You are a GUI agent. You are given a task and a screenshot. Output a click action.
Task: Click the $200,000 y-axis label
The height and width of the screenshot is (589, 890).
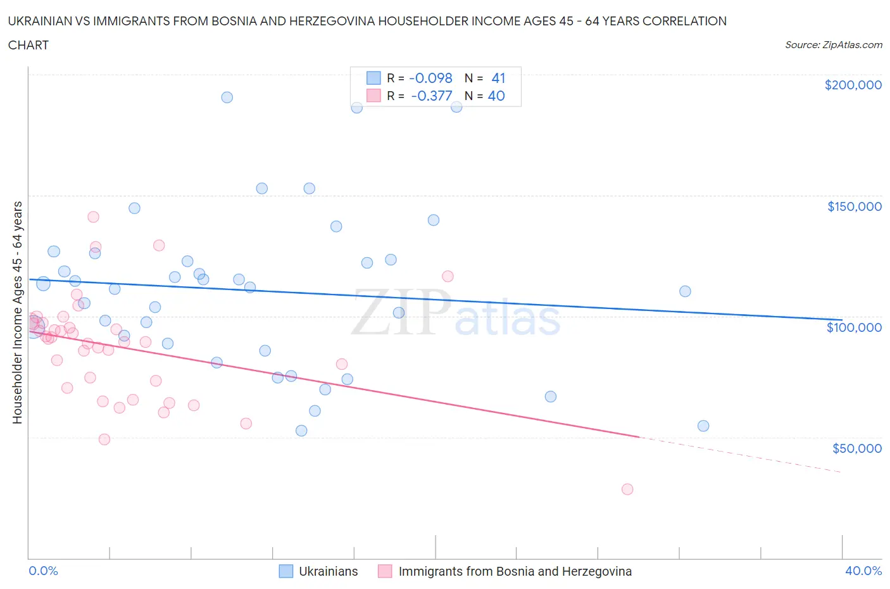(853, 85)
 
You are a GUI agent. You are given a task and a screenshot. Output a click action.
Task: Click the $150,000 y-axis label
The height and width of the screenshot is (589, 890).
(854, 206)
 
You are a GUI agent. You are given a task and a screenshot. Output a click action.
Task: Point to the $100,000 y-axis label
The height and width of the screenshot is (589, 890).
(854, 327)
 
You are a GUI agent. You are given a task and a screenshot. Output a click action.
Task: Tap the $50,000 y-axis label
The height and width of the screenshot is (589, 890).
(856, 448)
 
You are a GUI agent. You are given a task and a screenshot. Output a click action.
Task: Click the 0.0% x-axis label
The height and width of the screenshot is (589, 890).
(43, 571)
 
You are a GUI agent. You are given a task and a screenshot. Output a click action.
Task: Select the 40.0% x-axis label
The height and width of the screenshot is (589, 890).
(863, 571)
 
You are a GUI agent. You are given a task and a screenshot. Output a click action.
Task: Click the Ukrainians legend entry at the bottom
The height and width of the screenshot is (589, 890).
(328, 571)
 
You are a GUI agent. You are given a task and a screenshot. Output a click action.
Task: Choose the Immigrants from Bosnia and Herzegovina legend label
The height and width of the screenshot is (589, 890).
(515, 571)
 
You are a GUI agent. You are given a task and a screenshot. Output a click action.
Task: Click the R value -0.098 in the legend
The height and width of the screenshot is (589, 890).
(430, 79)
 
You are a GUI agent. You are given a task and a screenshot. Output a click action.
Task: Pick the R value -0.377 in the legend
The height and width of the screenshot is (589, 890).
(431, 96)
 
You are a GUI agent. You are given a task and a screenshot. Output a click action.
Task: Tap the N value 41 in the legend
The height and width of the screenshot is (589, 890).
(498, 79)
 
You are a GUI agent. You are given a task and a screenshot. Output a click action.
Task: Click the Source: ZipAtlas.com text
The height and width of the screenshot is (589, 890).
(833, 45)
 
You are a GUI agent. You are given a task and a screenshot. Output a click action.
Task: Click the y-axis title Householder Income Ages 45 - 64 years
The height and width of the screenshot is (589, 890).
(18, 312)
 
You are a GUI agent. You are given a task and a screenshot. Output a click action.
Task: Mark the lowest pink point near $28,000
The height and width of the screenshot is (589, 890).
(627, 489)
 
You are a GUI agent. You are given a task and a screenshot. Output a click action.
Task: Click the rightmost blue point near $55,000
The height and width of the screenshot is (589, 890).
(703, 426)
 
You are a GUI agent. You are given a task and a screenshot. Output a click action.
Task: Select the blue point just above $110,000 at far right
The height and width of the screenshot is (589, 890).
(685, 291)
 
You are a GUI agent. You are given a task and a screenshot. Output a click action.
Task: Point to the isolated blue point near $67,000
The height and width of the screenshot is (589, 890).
(551, 396)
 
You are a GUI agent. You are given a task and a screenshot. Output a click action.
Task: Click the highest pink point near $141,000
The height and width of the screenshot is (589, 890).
(93, 217)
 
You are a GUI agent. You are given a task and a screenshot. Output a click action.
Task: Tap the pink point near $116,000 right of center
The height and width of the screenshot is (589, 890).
(448, 276)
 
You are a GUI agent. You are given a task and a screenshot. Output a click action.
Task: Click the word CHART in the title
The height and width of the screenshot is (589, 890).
(28, 45)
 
